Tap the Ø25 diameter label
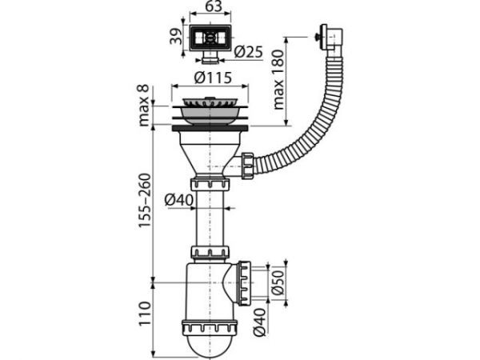(250, 53)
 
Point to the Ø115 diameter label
(212, 79)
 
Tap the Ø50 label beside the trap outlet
(276, 282)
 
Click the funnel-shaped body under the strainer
(211, 150)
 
